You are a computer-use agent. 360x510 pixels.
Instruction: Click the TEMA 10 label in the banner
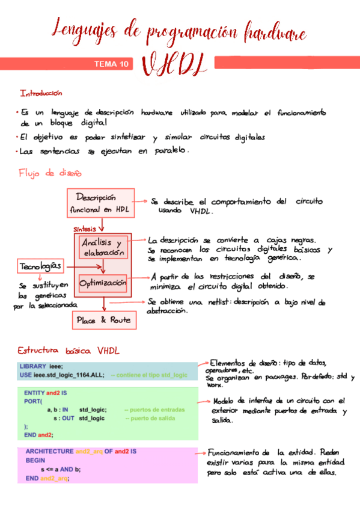(x=111, y=64)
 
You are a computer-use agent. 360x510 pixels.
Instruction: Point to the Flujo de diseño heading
(x=50, y=173)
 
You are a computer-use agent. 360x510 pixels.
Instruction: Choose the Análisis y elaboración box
(x=103, y=248)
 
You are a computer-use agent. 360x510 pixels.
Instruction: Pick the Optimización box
(x=103, y=282)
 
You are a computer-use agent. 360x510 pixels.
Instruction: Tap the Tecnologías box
(x=40, y=266)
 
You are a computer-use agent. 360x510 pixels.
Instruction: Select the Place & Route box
(x=104, y=321)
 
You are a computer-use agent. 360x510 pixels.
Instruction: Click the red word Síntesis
(x=85, y=229)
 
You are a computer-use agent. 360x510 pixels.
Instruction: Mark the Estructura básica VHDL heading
(x=68, y=350)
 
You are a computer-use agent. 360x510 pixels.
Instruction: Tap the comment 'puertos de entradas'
(x=154, y=410)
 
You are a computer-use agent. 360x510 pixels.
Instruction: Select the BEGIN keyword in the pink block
(x=35, y=459)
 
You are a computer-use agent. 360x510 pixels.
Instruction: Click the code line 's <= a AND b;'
(x=60, y=469)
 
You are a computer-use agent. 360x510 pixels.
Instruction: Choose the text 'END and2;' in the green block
(x=38, y=434)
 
